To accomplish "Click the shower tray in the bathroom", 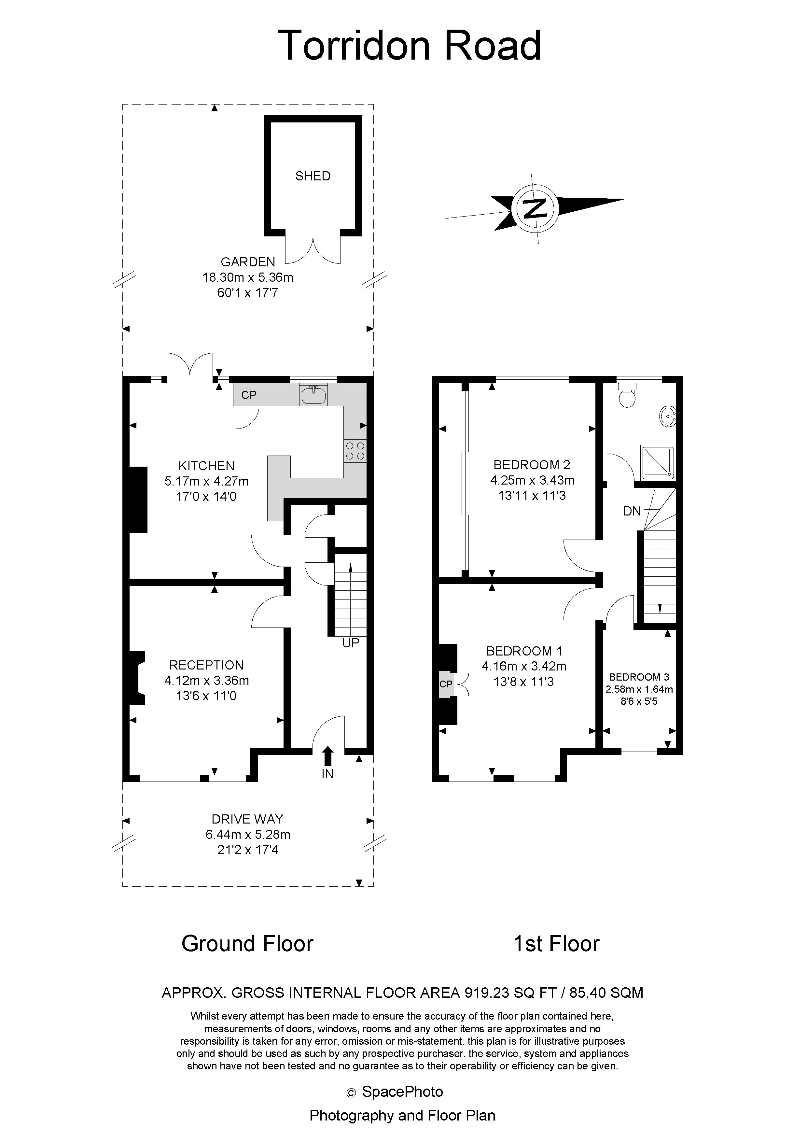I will coord(658,462).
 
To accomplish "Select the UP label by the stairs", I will coord(351,643).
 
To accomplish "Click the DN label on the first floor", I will coord(632,511).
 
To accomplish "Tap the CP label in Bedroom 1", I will coord(446,684).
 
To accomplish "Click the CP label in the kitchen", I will coord(249,395).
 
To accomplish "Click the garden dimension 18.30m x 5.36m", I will coord(248,277).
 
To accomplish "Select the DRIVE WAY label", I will coord(247,819).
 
